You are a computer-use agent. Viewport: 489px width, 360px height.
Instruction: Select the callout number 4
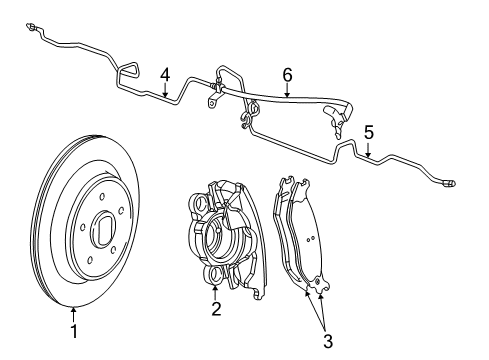pos(164,73)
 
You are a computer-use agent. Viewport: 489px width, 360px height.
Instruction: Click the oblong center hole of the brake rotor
pos(102,235)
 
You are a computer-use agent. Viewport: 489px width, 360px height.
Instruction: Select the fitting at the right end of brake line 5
pos(449,183)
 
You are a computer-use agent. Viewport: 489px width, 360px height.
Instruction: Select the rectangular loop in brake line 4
pos(128,71)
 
